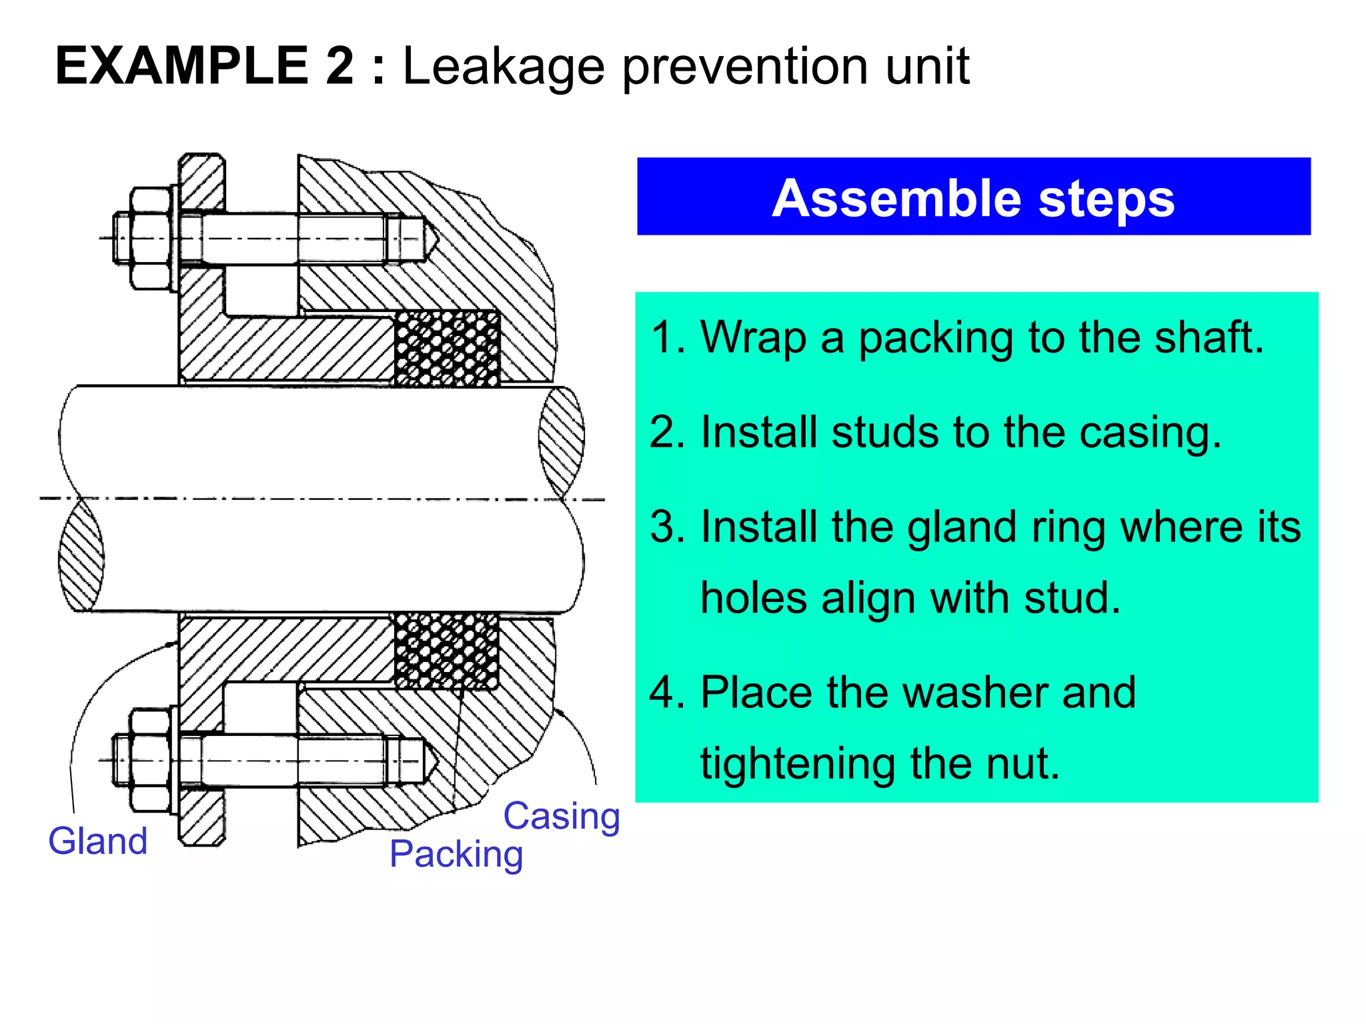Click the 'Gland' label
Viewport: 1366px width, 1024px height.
point(98,841)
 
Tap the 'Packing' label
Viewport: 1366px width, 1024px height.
point(456,855)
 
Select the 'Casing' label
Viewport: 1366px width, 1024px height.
point(561,816)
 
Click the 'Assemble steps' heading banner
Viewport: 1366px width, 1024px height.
point(973,197)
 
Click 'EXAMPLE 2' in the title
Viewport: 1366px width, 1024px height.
point(205,66)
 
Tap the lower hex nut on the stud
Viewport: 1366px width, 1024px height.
point(150,761)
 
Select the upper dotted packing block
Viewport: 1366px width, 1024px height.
point(447,349)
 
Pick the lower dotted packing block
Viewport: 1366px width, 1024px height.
point(446,651)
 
